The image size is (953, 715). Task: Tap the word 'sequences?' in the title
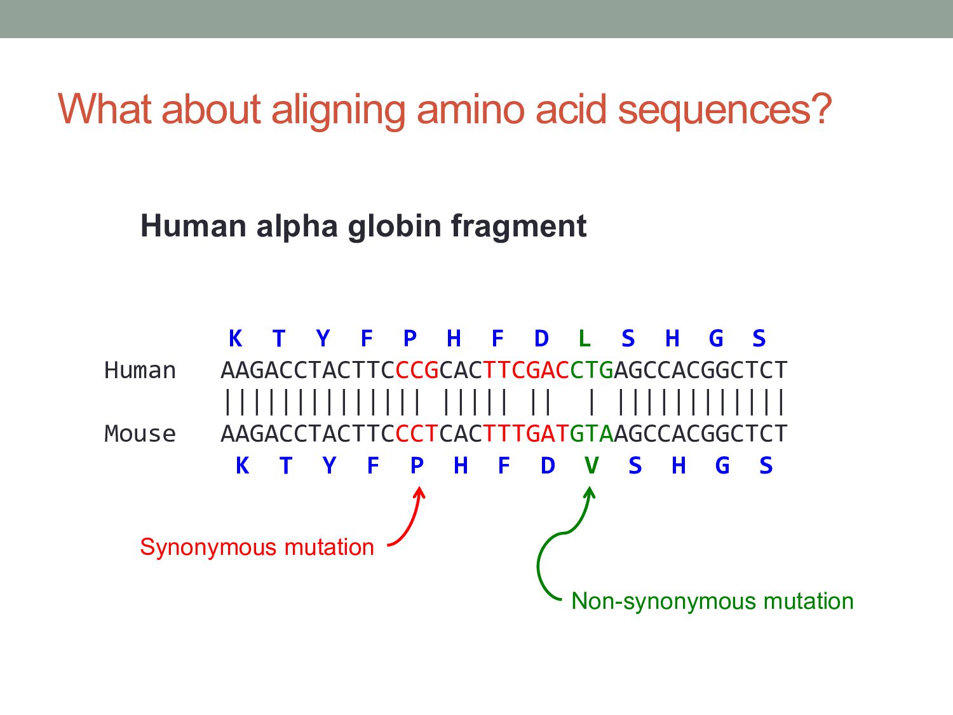coord(724,109)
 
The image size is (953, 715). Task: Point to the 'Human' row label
coord(140,370)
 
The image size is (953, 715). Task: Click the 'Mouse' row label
coord(140,433)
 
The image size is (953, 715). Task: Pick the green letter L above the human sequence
coord(585,338)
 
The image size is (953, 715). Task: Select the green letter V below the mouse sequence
coord(591,466)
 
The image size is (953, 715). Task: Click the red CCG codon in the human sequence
coord(417,370)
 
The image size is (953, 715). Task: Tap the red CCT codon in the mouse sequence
coord(417,433)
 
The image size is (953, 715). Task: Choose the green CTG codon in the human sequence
coord(591,370)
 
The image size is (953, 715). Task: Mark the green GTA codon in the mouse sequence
coord(591,433)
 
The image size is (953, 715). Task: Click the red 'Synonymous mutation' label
coord(257,547)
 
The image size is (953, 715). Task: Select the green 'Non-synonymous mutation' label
coord(712,601)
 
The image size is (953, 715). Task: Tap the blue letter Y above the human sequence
coord(323,338)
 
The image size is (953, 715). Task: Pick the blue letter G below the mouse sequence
coord(722,466)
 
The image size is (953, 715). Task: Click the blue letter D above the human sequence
coord(541,338)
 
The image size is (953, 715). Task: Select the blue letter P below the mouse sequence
coord(417,466)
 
